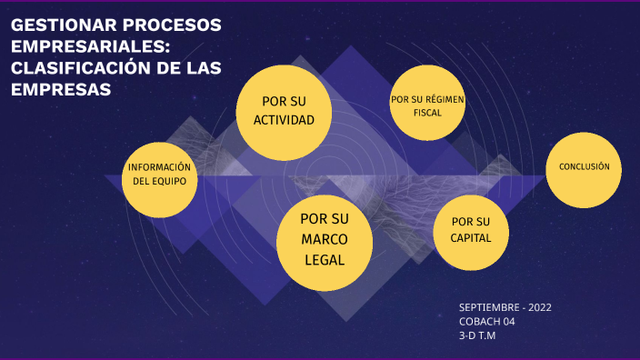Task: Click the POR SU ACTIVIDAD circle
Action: point(284,110)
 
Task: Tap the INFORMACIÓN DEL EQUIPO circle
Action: point(160,179)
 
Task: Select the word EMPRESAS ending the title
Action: point(60,89)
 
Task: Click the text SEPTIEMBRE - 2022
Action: point(505,307)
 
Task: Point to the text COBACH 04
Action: point(487,322)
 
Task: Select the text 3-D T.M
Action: point(478,335)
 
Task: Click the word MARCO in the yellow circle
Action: point(325,239)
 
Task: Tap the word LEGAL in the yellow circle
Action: point(325,259)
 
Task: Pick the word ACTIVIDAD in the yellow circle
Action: point(284,120)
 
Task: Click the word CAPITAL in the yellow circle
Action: point(471,239)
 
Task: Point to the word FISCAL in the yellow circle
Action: point(427,113)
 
